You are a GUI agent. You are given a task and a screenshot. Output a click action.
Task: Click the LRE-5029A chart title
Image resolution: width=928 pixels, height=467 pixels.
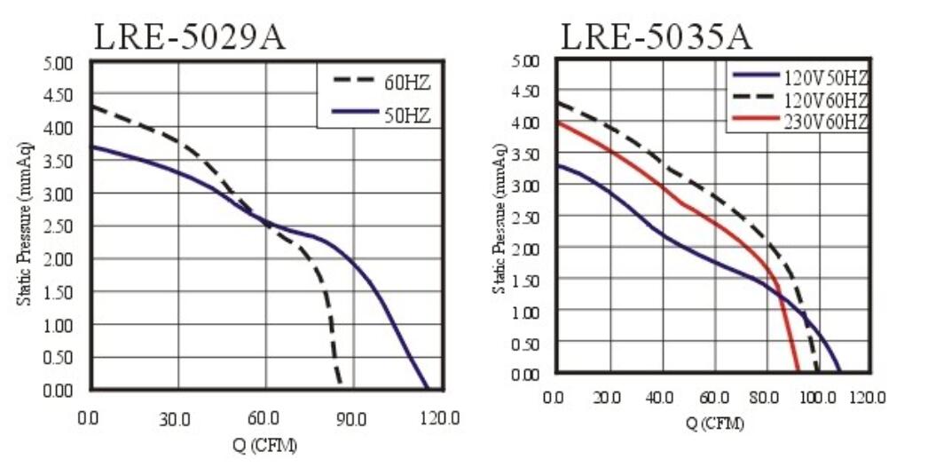tap(191, 36)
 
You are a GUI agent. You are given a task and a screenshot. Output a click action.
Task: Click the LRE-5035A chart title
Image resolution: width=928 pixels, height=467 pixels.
tap(657, 36)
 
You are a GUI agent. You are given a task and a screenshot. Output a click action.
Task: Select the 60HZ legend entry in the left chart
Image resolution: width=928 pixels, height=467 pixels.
tap(408, 83)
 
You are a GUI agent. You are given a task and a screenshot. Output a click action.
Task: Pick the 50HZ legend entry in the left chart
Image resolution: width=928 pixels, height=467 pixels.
tap(408, 113)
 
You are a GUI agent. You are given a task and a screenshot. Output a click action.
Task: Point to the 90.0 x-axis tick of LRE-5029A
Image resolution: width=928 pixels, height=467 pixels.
tap(352, 417)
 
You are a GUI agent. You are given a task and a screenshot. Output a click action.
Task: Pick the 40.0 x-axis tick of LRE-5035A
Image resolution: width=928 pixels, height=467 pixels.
tap(659, 397)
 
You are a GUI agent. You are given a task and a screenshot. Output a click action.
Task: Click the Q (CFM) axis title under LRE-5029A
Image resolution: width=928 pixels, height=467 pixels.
tap(266, 444)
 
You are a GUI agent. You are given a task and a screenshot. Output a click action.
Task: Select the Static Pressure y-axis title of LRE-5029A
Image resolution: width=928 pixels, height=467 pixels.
tap(23, 226)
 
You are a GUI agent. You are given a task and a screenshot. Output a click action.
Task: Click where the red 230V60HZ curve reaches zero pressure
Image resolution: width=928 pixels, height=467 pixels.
tap(798, 372)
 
